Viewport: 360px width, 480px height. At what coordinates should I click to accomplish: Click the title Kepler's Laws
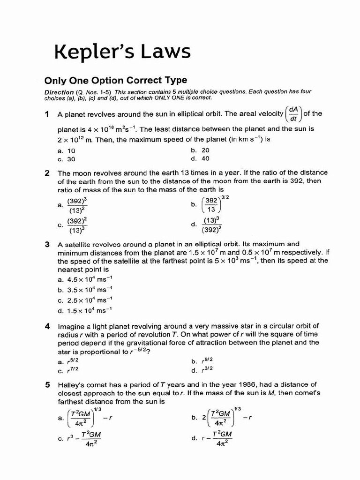click(x=123, y=52)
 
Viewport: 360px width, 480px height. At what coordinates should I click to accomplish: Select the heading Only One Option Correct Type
click(x=115, y=80)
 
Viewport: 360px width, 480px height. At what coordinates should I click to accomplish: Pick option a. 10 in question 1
click(x=66, y=151)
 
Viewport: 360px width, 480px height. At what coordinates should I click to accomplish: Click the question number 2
click(x=47, y=173)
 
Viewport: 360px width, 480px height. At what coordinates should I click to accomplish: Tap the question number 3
click(x=47, y=244)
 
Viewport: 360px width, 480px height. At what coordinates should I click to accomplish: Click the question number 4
click(x=47, y=326)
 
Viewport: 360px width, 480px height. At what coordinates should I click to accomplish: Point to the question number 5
click(x=47, y=385)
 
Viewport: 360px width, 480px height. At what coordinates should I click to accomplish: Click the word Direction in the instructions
click(x=59, y=92)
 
